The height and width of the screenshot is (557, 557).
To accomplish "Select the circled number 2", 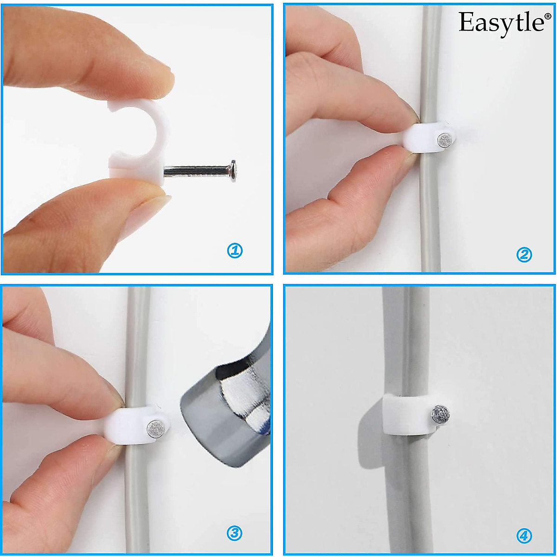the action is coord(524,254).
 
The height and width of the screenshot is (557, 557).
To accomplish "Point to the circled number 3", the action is coord(234,533).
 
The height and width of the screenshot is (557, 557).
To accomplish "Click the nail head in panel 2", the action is coord(445,140).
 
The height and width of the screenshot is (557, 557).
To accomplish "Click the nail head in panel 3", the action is coord(155,429).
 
